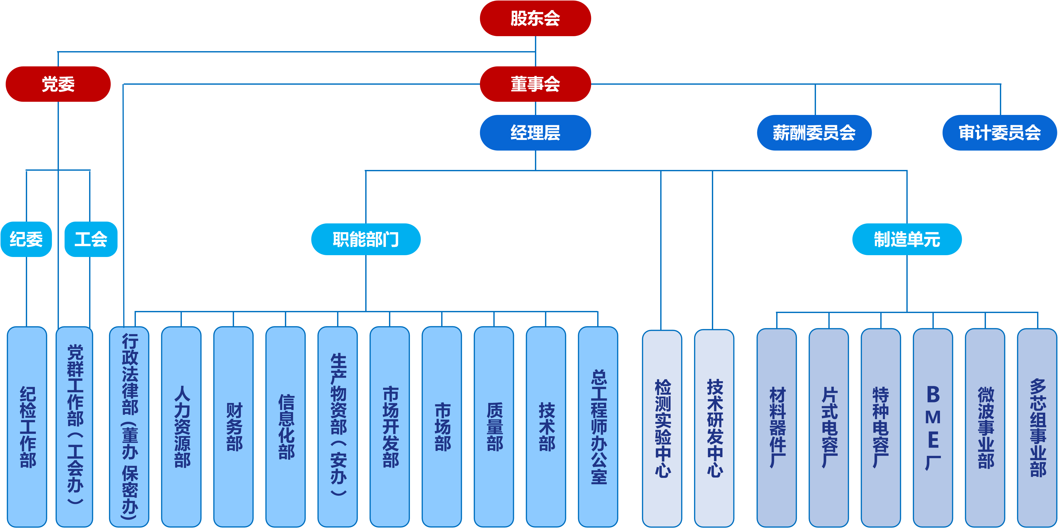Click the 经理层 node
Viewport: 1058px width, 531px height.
535,133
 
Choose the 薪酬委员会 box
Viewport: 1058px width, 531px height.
814,133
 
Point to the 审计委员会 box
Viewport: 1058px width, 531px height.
1000,133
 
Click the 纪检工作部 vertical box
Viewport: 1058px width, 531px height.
27,427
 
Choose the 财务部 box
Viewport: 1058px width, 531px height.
233,427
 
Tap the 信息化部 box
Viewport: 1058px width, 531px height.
285,427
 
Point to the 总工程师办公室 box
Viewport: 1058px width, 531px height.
598,427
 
